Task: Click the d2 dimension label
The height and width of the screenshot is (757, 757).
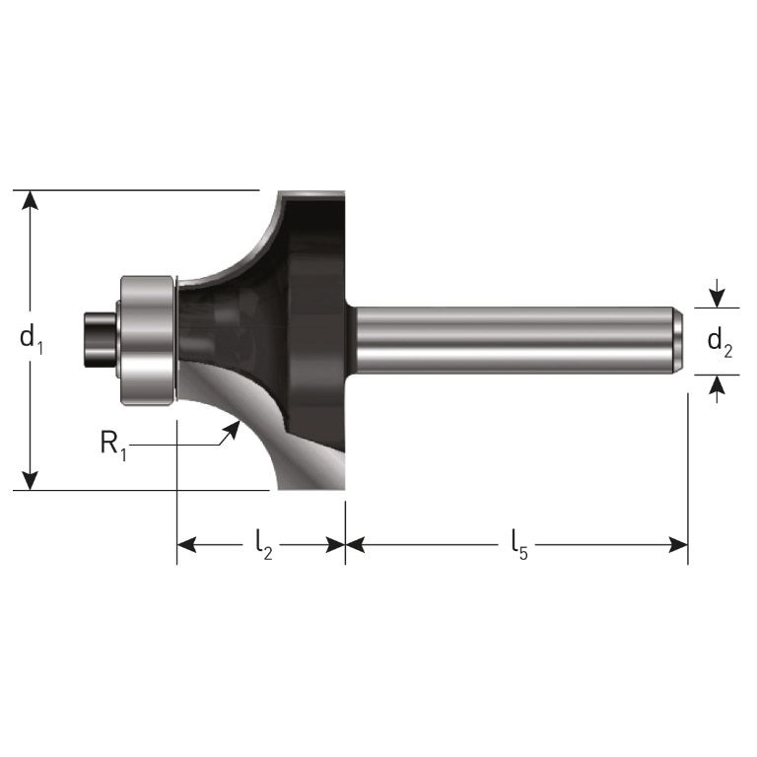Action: click(721, 342)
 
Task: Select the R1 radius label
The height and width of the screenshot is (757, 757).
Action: click(113, 443)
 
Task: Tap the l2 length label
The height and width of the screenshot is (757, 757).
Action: click(263, 543)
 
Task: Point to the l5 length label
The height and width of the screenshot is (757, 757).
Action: click(518, 543)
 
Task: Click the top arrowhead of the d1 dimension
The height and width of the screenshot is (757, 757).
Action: click(32, 198)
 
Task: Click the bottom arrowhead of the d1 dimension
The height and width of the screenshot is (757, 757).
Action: click(32, 481)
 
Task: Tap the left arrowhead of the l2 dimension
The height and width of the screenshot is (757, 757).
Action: click(186, 544)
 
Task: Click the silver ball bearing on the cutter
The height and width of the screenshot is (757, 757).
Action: click(147, 339)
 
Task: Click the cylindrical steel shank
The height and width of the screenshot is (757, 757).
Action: click(513, 340)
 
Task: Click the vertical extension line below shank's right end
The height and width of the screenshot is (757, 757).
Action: click(687, 473)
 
